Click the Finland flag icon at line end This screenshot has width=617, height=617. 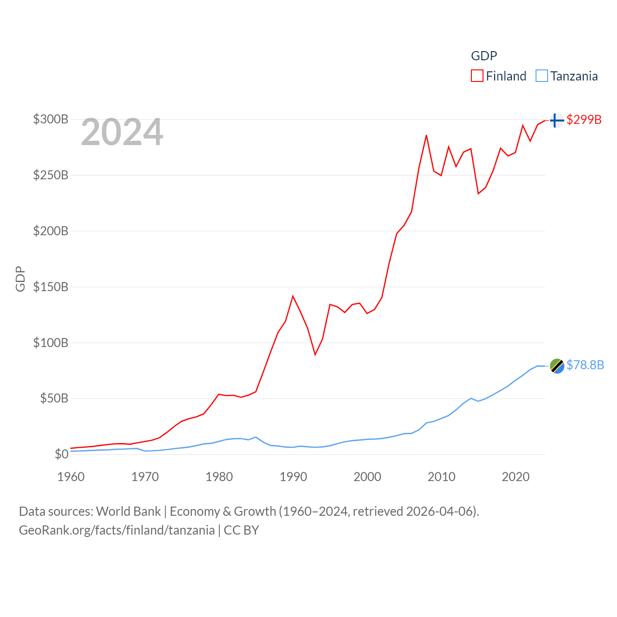tap(557, 120)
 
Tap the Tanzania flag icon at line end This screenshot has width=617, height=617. tap(557, 366)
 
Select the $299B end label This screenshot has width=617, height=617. tap(584, 120)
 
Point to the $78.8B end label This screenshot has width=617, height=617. tap(585, 365)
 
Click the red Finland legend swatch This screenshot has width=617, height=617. tap(477, 76)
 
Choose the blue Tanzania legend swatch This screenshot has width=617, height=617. tap(542, 76)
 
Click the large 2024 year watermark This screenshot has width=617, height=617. tap(122, 132)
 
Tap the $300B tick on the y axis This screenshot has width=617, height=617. tap(51, 119)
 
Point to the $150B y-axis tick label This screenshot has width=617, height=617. tap(51, 287)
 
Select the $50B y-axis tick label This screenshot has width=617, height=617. tap(54, 398)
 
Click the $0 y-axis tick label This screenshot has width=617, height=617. tap(61, 454)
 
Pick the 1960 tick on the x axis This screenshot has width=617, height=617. tap(71, 477)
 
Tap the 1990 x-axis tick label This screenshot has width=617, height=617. tap(293, 477)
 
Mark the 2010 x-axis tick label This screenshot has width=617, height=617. tap(442, 477)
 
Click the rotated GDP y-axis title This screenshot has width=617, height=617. tap(20, 279)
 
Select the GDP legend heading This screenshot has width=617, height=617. tap(483, 56)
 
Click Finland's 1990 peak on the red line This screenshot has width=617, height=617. tap(293, 296)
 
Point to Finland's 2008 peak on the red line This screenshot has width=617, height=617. tap(426, 135)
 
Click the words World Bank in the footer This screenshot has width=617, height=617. tap(129, 511)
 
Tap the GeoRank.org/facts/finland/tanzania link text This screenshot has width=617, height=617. tap(117, 530)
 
